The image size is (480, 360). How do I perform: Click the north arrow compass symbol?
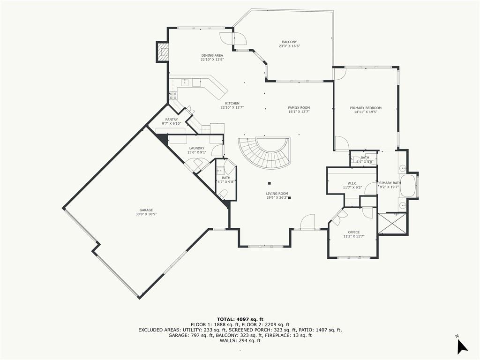tap(462, 345)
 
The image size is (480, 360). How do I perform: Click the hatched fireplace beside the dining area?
tap(163, 52)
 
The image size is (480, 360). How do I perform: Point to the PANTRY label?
tap(171, 120)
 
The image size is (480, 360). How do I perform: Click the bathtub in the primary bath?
tap(407, 187)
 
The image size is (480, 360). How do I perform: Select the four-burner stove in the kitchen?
tap(173, 96)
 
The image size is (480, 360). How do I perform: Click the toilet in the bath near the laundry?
tap(224, 193)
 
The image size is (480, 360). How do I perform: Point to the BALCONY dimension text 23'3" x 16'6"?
tap(289, 46)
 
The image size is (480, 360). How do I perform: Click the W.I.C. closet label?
tap(353, 183)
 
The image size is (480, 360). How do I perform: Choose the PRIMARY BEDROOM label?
tap(366, 108)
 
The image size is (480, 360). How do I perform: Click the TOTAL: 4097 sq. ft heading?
tap(240, 319)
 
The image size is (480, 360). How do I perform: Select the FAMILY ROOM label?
tap(299, 108)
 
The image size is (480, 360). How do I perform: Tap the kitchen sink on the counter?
tap(185, 82)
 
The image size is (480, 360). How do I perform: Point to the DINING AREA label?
tap(212, 55)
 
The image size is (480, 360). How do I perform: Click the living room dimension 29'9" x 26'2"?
tap(277, 198)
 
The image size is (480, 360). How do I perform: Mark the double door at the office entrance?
tap(339, 215)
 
